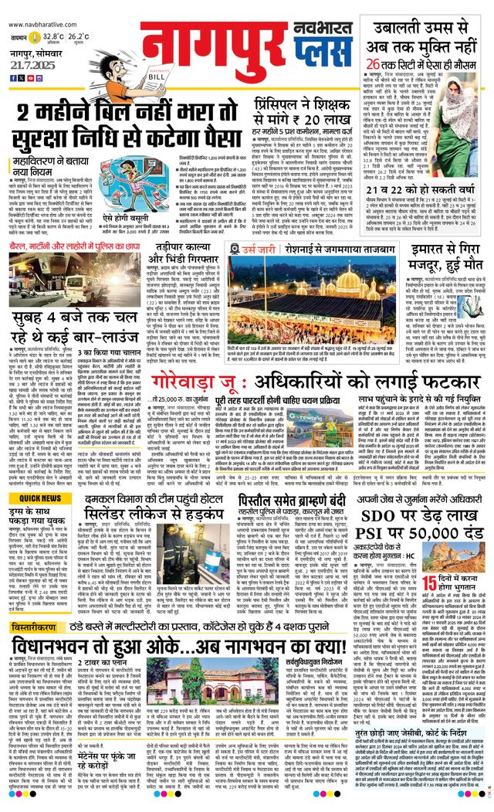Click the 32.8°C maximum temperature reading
(52, 36)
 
